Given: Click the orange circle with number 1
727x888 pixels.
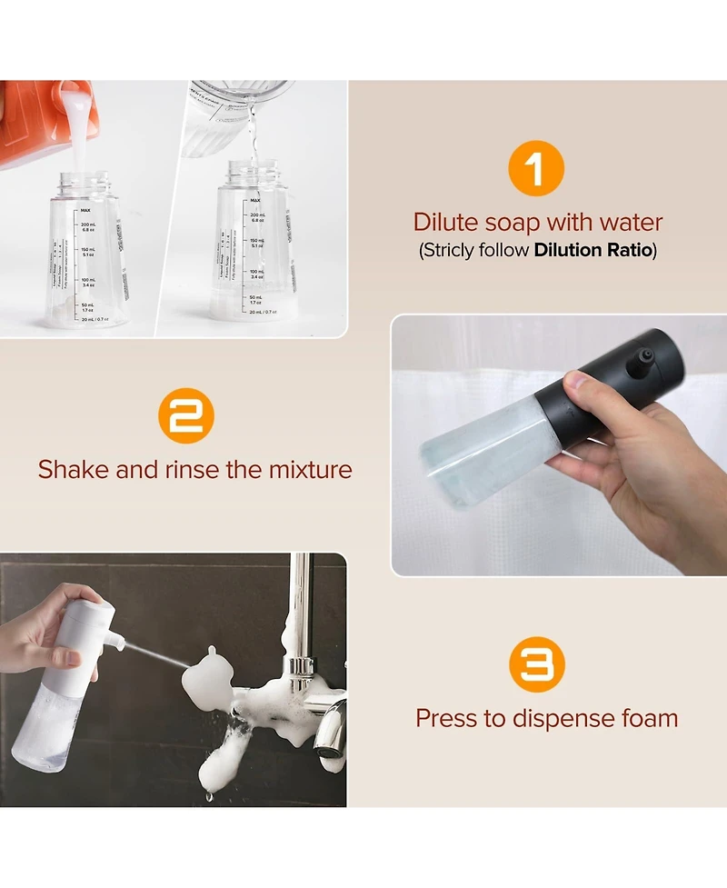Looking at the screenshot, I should coord(536,169).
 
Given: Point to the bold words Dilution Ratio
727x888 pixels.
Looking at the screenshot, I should coord(593,250).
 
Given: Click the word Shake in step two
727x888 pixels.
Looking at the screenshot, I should coord(74,470).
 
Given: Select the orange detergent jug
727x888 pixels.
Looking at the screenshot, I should coord(36,123).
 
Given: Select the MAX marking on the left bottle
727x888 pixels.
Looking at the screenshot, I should coord(85,210).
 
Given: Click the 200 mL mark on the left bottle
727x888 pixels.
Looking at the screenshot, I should coord(88,224).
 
